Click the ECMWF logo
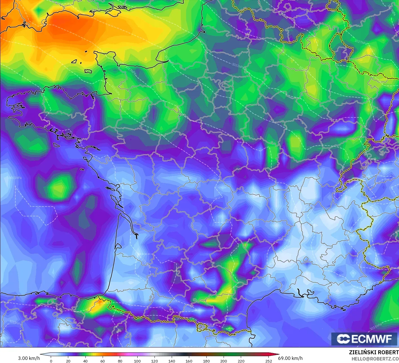tap(364, 339)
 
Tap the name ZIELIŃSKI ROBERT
tap(374, 352)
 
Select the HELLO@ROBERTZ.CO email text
tap(375, 359)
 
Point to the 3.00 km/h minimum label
tap(29, 358)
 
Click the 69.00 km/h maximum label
tap(290, 358)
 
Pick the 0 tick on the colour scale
tap(51, 361)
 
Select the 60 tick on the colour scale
tap(103, 361)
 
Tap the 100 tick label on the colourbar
tap(137, 361)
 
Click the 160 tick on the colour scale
tap(189, 361)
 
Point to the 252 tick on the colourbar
tap(269, 361)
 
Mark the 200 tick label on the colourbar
tap(224, 361)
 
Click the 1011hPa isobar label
tap(16, 178)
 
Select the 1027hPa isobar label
tap(361, 42)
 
